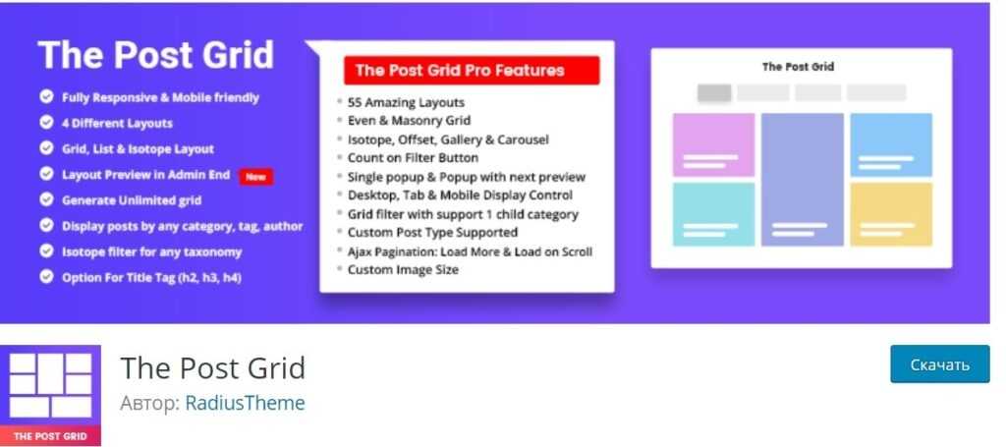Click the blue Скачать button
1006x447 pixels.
pos(940,363)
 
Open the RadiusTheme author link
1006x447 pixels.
pos(245,404)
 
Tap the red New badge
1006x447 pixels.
pos(256,177)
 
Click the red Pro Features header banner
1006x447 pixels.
pos(472,71)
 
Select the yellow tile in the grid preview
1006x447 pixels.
pos(891,214)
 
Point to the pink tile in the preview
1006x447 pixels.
pos(713,145)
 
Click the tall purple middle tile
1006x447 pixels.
pos(802,180)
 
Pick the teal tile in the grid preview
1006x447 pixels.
pos(713,214)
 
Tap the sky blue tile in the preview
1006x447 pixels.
pos(891,145)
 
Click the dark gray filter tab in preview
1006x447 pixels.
pos(714,93)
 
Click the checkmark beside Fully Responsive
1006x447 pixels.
pos(46,97)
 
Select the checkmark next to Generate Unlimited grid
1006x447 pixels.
pos(46,199)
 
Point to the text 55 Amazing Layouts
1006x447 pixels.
pos(406,102)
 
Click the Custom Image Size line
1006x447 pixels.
pos(403,270)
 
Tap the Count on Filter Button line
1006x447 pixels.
pos(414,158)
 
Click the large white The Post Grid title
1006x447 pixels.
pos(156,54)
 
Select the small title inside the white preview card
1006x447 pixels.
pos(798,67)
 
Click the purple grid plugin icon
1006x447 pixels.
pos(51,395)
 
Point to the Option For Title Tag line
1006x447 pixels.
pos(151,278)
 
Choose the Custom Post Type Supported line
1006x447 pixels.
pos(432,233)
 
